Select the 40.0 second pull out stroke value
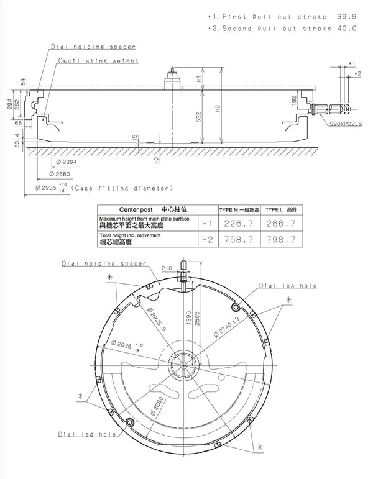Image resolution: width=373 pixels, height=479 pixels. (347, 29)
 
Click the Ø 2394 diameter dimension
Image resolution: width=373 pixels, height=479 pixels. (67, 162)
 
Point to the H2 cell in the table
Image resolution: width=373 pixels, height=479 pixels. (206, 239)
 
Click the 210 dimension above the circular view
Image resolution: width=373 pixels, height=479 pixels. (167, 268)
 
